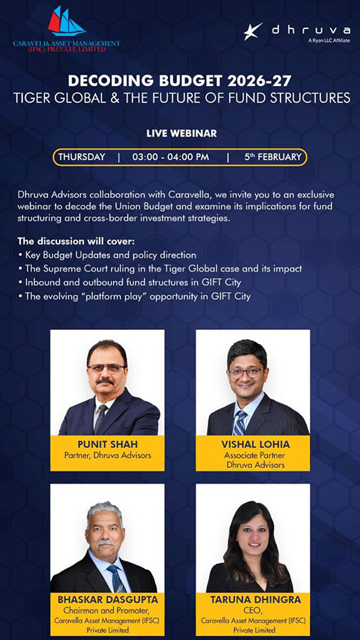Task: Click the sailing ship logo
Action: (x=66, y=21)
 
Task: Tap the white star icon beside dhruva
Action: (x=253, y=31)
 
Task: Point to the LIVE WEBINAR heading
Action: (x=181, y=133)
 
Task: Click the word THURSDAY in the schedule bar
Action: (x=82, y=156)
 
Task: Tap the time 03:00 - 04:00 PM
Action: (x=171, y=156)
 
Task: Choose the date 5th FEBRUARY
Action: (x=273, y=156)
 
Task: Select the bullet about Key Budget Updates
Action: (x=107, y=255)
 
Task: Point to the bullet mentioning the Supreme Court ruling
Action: (x=160, y=269)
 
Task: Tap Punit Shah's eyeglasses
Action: (x=107, y=368)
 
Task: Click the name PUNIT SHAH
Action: (x=107, y=444)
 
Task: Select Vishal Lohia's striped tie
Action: (x=240, y=422)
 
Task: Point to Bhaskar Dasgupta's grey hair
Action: (x=105, y=510)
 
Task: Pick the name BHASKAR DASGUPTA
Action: (x=107, y=599)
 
